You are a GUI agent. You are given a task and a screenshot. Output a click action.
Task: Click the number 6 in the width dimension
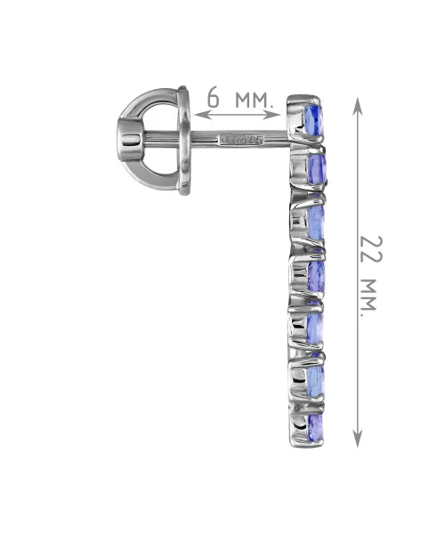click(214, 96)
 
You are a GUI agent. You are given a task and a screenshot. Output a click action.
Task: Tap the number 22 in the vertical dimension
click(371, 249)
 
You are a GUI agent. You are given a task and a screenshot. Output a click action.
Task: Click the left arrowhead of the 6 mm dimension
click(200, 115)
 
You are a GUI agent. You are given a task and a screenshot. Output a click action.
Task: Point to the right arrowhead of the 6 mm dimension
click(274, 115)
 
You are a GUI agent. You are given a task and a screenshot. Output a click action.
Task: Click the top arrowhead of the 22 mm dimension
click(357, 105)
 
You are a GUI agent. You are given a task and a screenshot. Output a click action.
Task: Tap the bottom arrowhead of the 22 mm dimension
click(357, 438)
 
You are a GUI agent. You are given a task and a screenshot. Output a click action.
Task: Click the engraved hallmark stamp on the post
click(241, 140)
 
